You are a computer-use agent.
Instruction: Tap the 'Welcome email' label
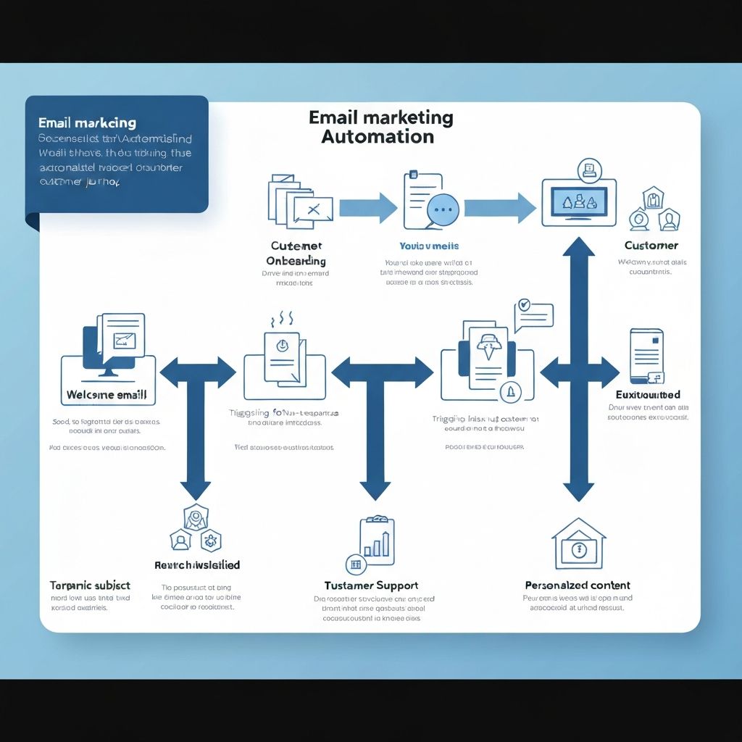point(107,396)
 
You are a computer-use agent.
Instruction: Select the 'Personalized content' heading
point(577,585)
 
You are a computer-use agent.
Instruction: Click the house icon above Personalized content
point(578,544)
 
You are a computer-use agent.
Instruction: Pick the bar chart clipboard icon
point(378,542)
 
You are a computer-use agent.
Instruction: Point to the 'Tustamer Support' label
point(370,585)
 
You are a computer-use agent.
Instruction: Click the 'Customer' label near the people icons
point(651,246)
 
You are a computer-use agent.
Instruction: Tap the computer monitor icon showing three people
point(579,202)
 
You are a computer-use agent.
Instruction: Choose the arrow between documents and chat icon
point(367,208)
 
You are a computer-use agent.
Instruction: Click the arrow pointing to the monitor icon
point(499,208)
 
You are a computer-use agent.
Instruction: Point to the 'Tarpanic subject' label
point(90,585)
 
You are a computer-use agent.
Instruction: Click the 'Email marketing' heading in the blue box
point(87,123)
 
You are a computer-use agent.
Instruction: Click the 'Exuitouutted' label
point(647,395)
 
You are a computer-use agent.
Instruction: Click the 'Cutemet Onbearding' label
point(296,254)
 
